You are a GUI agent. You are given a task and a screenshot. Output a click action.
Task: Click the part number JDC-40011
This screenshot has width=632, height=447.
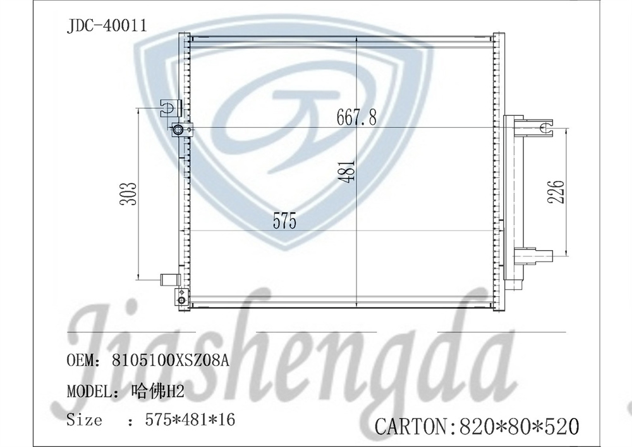[107, 26]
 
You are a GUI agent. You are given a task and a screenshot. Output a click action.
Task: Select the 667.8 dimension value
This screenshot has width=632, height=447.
[356, 116]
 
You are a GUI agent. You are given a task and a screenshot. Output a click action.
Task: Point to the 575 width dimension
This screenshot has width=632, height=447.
[284, 222]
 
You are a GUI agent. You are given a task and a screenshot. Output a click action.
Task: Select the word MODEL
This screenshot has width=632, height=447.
[88, 391]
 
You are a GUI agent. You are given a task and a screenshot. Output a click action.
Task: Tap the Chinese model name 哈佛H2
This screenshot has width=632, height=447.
[157, 391]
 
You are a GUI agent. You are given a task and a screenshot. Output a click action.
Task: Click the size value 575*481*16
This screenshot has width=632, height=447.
[190, 420]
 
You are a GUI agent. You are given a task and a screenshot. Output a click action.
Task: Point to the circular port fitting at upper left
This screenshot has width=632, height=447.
[178, 130]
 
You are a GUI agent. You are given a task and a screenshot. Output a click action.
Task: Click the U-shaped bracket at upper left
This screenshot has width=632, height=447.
[169, 107]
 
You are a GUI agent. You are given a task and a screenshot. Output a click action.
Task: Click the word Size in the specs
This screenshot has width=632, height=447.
[84, 420]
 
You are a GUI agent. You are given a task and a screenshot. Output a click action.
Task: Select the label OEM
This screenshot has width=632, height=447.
[80, 361]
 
